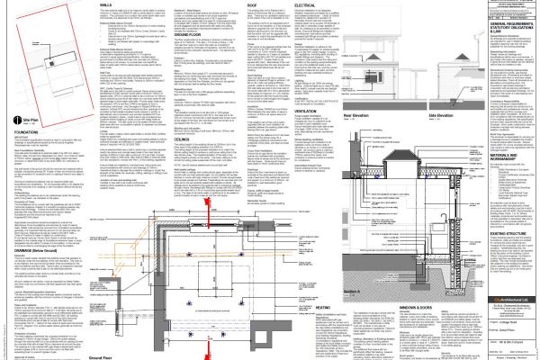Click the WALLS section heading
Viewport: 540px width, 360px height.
105,4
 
